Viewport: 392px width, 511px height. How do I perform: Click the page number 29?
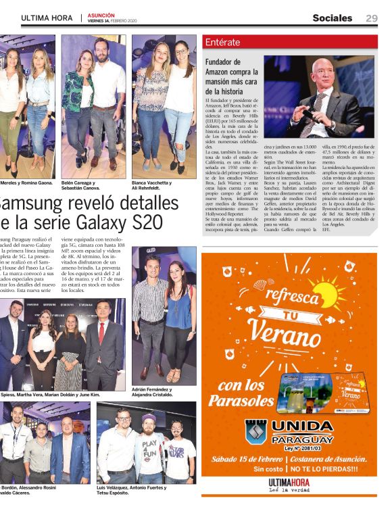tap(372, 18)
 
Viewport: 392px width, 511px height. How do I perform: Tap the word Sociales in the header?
tap(332, 18)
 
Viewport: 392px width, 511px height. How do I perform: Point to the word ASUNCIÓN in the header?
tap(100, 15)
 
